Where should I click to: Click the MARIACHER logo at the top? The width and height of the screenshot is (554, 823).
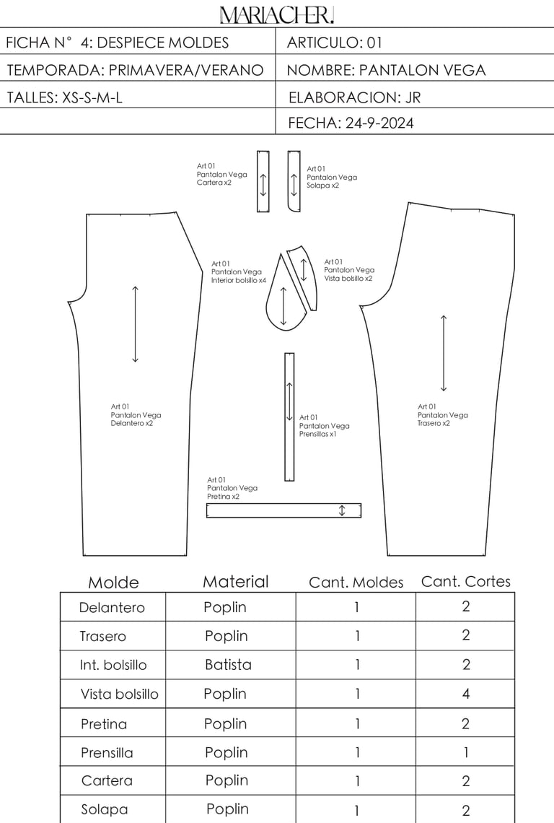pos(277,14)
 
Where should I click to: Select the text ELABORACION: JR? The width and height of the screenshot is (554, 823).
pos(354,97)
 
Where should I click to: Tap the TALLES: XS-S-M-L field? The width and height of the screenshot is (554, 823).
pos(65,97)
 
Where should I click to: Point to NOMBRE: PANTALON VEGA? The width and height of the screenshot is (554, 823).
pos(386,70)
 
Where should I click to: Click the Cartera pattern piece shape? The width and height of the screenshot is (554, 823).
pos(263,181)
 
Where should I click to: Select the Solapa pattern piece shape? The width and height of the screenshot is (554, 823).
pos(294,181)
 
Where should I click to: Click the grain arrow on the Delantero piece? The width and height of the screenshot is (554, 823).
pos(135,324)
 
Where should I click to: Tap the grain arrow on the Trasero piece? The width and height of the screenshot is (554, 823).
pos(444,353)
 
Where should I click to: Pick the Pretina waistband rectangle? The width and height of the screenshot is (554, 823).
pos(283,510)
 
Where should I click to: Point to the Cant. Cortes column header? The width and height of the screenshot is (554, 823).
pos(465,581)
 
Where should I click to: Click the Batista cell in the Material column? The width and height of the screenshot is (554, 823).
pos(227,665)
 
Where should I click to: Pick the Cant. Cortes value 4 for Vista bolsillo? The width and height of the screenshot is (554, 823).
pos(465,694)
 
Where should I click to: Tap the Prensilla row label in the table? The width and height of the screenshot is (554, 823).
pos(107,753)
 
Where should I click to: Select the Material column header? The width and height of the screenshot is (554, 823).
pos(235,582)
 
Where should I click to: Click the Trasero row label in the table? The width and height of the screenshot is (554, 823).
pos(102,636)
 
